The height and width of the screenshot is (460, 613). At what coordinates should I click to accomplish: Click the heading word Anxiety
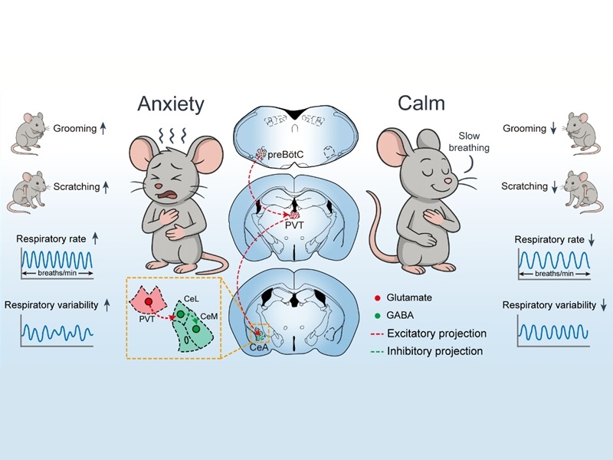coord(171,103)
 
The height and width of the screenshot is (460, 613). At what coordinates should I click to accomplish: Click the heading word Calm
coord(422,103)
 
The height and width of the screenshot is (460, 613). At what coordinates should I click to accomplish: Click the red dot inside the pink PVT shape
coord(148,303)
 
